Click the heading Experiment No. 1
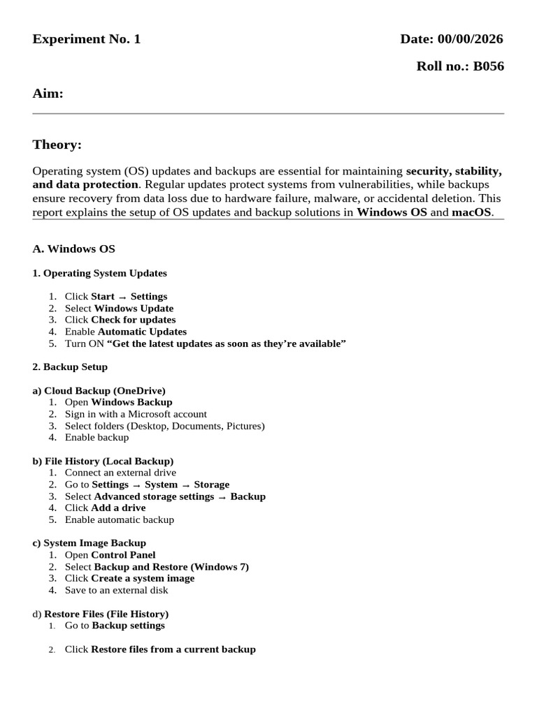[87, 39]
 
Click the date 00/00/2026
[472, 39]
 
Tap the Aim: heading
[48, 94]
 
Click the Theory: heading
[57, 145]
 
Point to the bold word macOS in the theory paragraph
[472, 212]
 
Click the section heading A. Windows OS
[74, 249]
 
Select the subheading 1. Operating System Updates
[100, 273]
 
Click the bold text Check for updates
[133, 320]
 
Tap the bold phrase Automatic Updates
[142, 332]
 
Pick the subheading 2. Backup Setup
[70, 367]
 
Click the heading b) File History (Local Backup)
[103, 461]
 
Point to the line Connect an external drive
[120, 473]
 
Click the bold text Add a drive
[118, 508]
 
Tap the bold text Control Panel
[123, 555]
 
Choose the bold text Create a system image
[143, 578]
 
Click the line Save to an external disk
[116, 590]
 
